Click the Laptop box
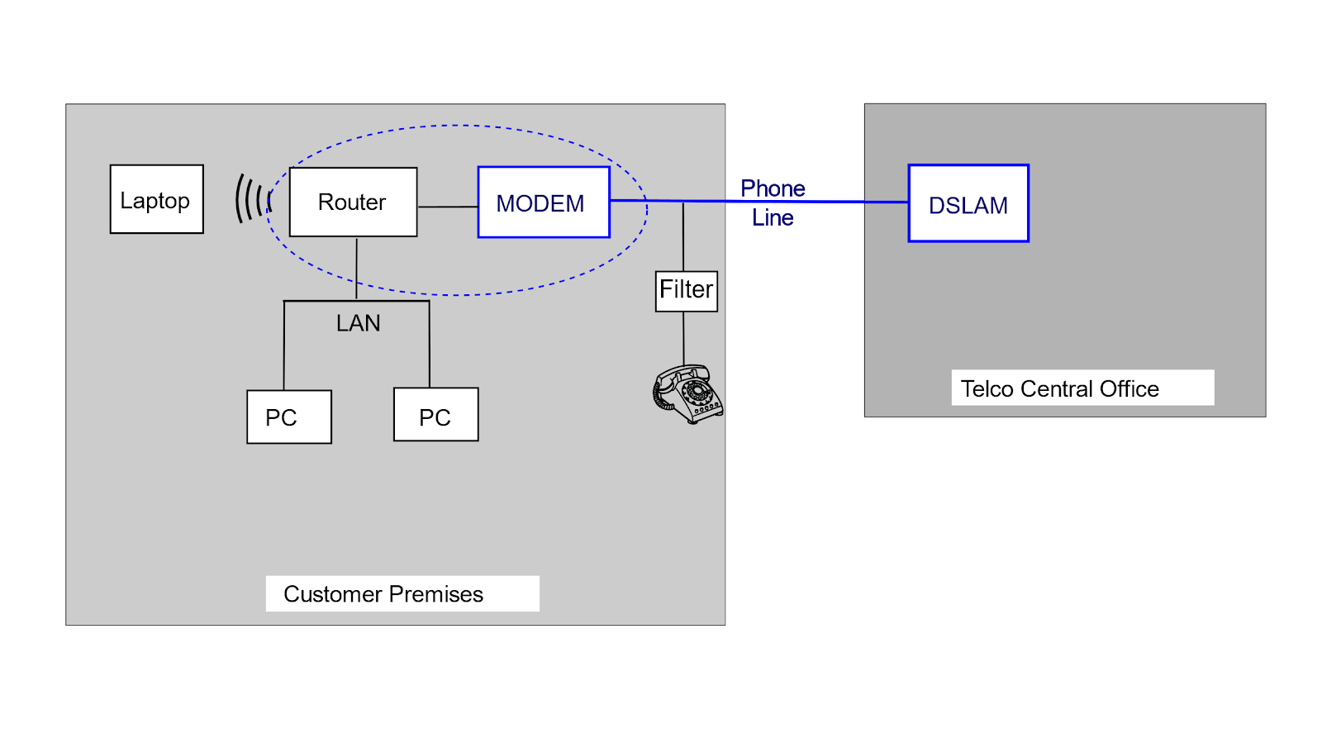[156, 199]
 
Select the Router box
[353, 202]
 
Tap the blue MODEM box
[543, 202]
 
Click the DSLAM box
[968, 204]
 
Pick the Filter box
[686, 291]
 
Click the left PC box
[288, 417]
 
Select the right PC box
[435, 415]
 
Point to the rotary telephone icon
[687, 394]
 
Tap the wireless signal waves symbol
[253, 198]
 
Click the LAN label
[358, 323]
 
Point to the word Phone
[773, 188]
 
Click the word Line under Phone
[773, 217]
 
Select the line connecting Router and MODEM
[447, 207]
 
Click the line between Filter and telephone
[683, 337]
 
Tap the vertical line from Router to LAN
[356, 269]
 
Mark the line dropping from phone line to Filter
[683, 236]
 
